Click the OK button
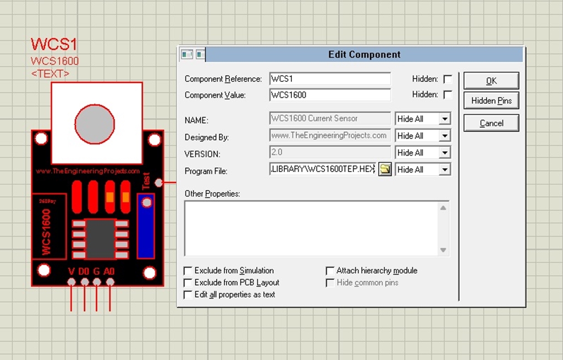pyautogui.click(x=491, y=81)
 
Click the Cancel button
pyautogui.click(x=491, y=123)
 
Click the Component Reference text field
pyautogui.click(x=330, y=79)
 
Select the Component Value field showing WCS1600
pyautogui.click(x=330, y=95)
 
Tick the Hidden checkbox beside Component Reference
pyautogui.click(x=448, y=79)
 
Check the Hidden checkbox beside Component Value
pyautogui.click(x=448, y=95)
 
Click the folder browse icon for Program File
pyautogui.click(x=385, y=169)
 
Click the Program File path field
pyautogui.click(x=323, y=169)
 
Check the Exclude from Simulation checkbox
pyautogui.click(x=188, y=270)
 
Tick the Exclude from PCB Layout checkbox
pyautogui.click(x=188, y=283)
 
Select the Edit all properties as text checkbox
pyautogui.click(x=188, y=295)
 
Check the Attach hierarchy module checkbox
pyautogui.click(x=330, y=270)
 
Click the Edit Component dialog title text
pyautogui.click(x=364, y=54)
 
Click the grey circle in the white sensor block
pyautogui.click(x=95, y=124)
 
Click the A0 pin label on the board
pyautogui.click(x=109, y=271)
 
